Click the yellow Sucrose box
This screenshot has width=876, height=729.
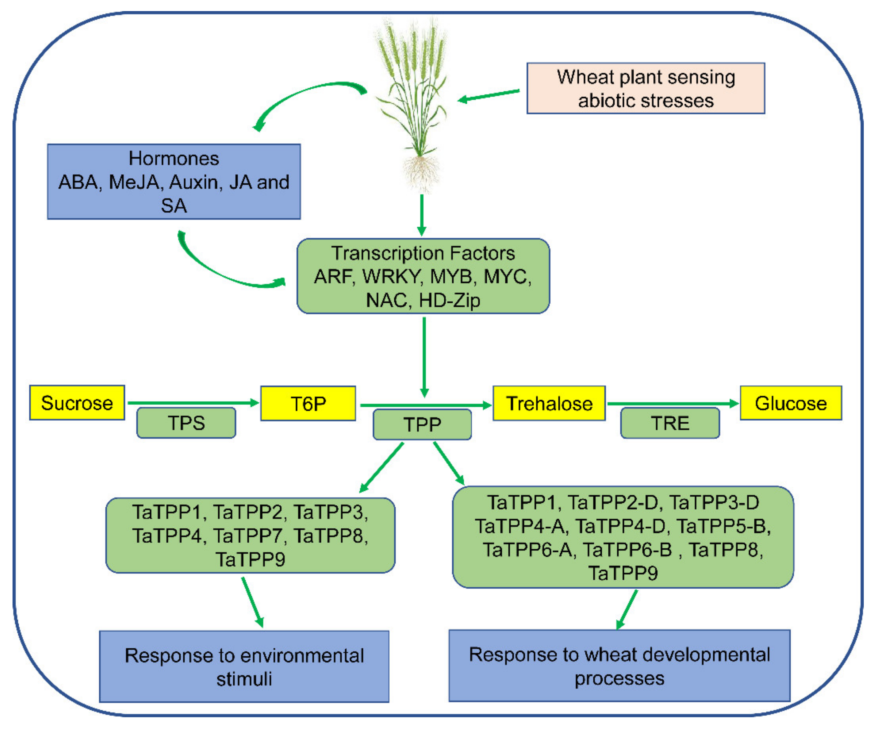click(x=77, y=403)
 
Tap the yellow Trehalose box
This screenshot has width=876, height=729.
click(x=549, y=403)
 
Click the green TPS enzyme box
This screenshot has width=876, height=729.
click(x=186, y=423)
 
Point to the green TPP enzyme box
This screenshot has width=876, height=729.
click(x=422, y=424)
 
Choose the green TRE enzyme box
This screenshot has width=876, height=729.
click(x=670, y=423)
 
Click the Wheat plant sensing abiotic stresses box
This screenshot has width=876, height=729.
click(x=646, y=89)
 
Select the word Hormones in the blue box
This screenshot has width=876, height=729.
click(x=174, y=158)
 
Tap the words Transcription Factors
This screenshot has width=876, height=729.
click(x=423, y=253)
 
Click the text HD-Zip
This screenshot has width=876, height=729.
click(x=450, y=300)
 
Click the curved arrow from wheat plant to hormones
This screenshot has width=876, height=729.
click(x=305, y=94)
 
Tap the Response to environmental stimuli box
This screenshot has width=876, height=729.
click(x=244, y=666)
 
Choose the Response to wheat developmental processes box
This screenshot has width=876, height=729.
click(x=619, y=666)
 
